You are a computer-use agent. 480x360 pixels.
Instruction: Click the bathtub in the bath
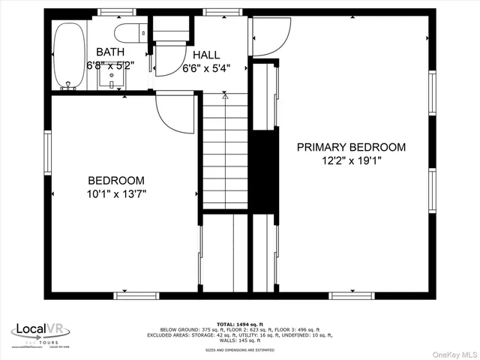68,54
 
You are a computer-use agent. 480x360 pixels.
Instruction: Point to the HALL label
206,55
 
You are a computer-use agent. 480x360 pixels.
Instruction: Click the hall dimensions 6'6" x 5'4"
206,67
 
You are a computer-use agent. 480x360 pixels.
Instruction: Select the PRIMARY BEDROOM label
351,147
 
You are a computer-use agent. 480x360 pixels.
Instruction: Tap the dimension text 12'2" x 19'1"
351,160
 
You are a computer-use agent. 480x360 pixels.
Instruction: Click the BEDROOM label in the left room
116,180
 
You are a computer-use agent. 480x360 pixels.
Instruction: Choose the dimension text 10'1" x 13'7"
116,193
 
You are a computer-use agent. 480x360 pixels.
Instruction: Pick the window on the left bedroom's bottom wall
136,295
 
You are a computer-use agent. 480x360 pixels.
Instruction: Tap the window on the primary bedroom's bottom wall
352,295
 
